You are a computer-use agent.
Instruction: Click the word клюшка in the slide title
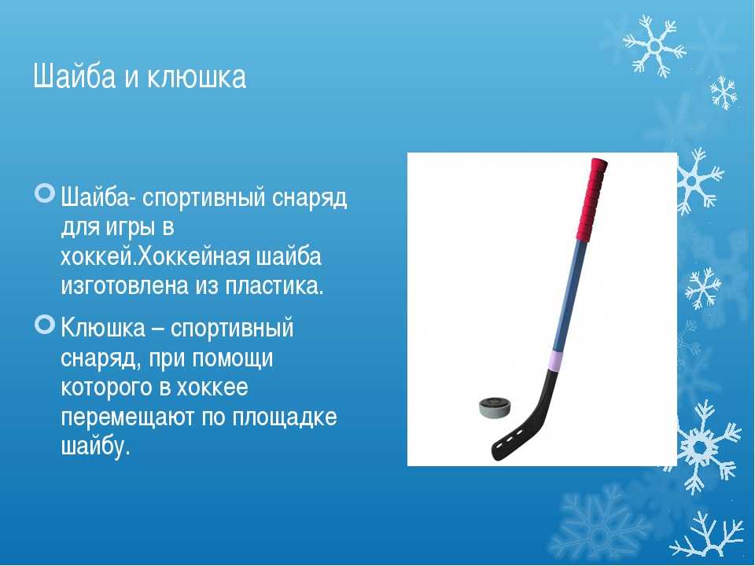197,75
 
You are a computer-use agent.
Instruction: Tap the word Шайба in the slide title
75,75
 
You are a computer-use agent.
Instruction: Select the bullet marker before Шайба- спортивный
46,193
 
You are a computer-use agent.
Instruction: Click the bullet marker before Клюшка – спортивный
46,325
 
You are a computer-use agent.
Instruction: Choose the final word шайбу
95,446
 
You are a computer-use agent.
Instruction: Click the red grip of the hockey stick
591,199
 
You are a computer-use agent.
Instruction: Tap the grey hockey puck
495,409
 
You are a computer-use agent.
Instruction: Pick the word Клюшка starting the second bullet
103,329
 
